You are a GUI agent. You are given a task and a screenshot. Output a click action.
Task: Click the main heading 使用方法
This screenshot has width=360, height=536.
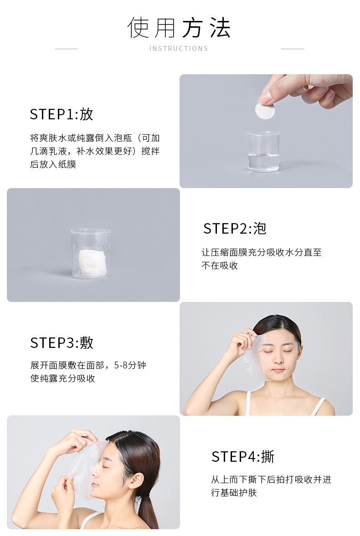179,27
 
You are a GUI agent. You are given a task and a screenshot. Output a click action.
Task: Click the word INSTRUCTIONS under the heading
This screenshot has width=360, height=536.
179,49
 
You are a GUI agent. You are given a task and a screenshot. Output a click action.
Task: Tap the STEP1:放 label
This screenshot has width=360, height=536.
62,114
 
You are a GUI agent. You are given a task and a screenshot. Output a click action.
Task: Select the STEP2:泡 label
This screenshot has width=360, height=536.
235,228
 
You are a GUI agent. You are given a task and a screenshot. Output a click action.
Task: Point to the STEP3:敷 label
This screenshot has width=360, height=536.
62,342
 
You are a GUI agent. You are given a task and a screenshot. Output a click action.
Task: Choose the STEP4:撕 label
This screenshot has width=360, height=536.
243,456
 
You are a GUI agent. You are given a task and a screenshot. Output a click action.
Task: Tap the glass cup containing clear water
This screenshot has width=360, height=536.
263,151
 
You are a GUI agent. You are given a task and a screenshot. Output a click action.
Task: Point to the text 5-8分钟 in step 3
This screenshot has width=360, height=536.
130,365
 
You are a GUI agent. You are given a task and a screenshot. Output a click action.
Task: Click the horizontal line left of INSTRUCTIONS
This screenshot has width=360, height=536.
67,49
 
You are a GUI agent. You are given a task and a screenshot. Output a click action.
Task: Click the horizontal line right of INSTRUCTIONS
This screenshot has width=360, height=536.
293,49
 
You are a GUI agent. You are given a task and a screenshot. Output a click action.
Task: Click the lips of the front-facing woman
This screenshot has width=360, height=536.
278,369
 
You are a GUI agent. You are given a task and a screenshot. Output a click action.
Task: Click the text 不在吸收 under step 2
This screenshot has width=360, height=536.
220,265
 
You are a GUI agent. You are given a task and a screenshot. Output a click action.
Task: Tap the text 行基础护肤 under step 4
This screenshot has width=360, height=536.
234,493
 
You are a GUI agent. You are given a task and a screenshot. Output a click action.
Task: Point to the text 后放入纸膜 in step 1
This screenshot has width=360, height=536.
53,164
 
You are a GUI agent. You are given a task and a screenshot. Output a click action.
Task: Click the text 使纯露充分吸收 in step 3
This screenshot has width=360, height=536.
62,378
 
